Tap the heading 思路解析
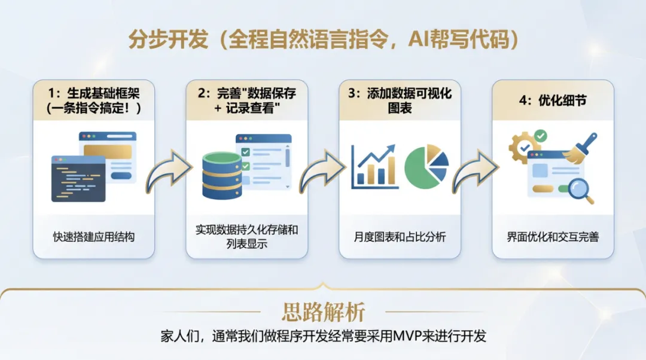[x=323, y=312]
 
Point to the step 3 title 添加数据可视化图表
[x=400, y=101]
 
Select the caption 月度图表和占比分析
[x=400, y=237]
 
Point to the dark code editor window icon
[x=78, y=178]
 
